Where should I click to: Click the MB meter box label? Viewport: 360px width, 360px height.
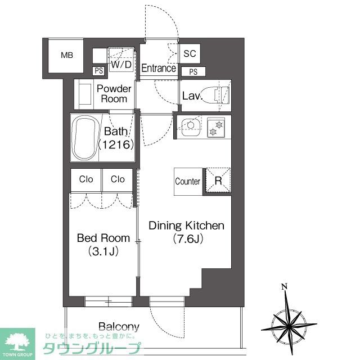[67, 55]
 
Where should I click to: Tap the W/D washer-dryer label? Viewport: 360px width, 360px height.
[121, 65]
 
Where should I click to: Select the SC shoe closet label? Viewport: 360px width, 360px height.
[190, 54]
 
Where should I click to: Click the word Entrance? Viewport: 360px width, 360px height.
[159, 69]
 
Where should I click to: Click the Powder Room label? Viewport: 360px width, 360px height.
[114, 94]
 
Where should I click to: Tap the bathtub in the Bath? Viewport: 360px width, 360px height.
[84, 138]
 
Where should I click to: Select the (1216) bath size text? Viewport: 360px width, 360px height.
[115, 145]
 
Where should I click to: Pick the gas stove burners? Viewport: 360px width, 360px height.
[216, 128]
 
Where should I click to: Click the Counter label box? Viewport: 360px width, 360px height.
[188, 182]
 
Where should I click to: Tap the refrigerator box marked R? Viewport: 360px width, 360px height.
[218, 181]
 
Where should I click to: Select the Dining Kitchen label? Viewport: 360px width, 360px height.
[186, 226]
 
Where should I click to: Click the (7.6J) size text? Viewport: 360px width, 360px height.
[187, 238]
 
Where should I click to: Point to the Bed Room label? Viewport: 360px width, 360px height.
[103, 238]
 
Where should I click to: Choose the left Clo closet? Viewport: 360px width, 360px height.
[85, 179]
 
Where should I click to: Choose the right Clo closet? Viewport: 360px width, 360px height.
[118, 179]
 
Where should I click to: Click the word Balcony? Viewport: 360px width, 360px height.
[119, 327]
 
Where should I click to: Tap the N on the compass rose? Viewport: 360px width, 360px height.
[285, 287]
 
